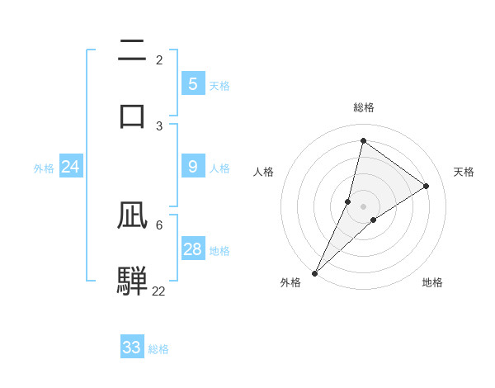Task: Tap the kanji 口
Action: coord(132,115)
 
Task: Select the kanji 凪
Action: coord(132,215)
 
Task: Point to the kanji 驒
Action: coord(132,280)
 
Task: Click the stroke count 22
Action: coord(158,291)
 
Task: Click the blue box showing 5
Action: coord(192,84)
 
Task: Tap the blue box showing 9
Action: coord(192,167)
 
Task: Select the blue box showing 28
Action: coord(192,249)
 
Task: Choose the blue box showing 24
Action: coord(70,167)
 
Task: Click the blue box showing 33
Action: coord(131,348)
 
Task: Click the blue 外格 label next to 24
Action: coord(44,168)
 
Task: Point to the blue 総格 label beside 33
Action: coord(158,349)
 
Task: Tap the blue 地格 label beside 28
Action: coord(219,251)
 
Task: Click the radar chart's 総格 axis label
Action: coord(364,107)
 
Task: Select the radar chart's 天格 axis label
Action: coord(464,172)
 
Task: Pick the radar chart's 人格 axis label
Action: coord(263,172)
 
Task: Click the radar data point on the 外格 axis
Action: coord(314,272)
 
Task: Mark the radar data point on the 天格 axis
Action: coord(427,186)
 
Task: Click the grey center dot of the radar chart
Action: coord(364,206)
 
